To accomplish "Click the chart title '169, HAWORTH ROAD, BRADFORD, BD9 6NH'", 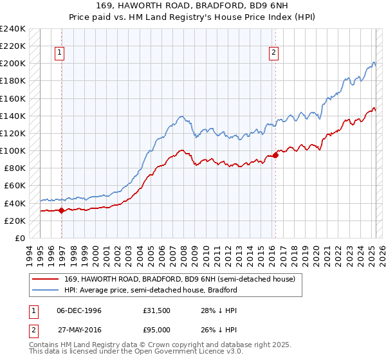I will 193,6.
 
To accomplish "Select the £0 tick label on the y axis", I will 19,238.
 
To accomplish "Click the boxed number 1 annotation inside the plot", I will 60,53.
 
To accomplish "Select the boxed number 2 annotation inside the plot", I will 274,53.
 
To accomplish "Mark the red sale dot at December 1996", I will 62,210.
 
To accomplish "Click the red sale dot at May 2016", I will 276,155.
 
